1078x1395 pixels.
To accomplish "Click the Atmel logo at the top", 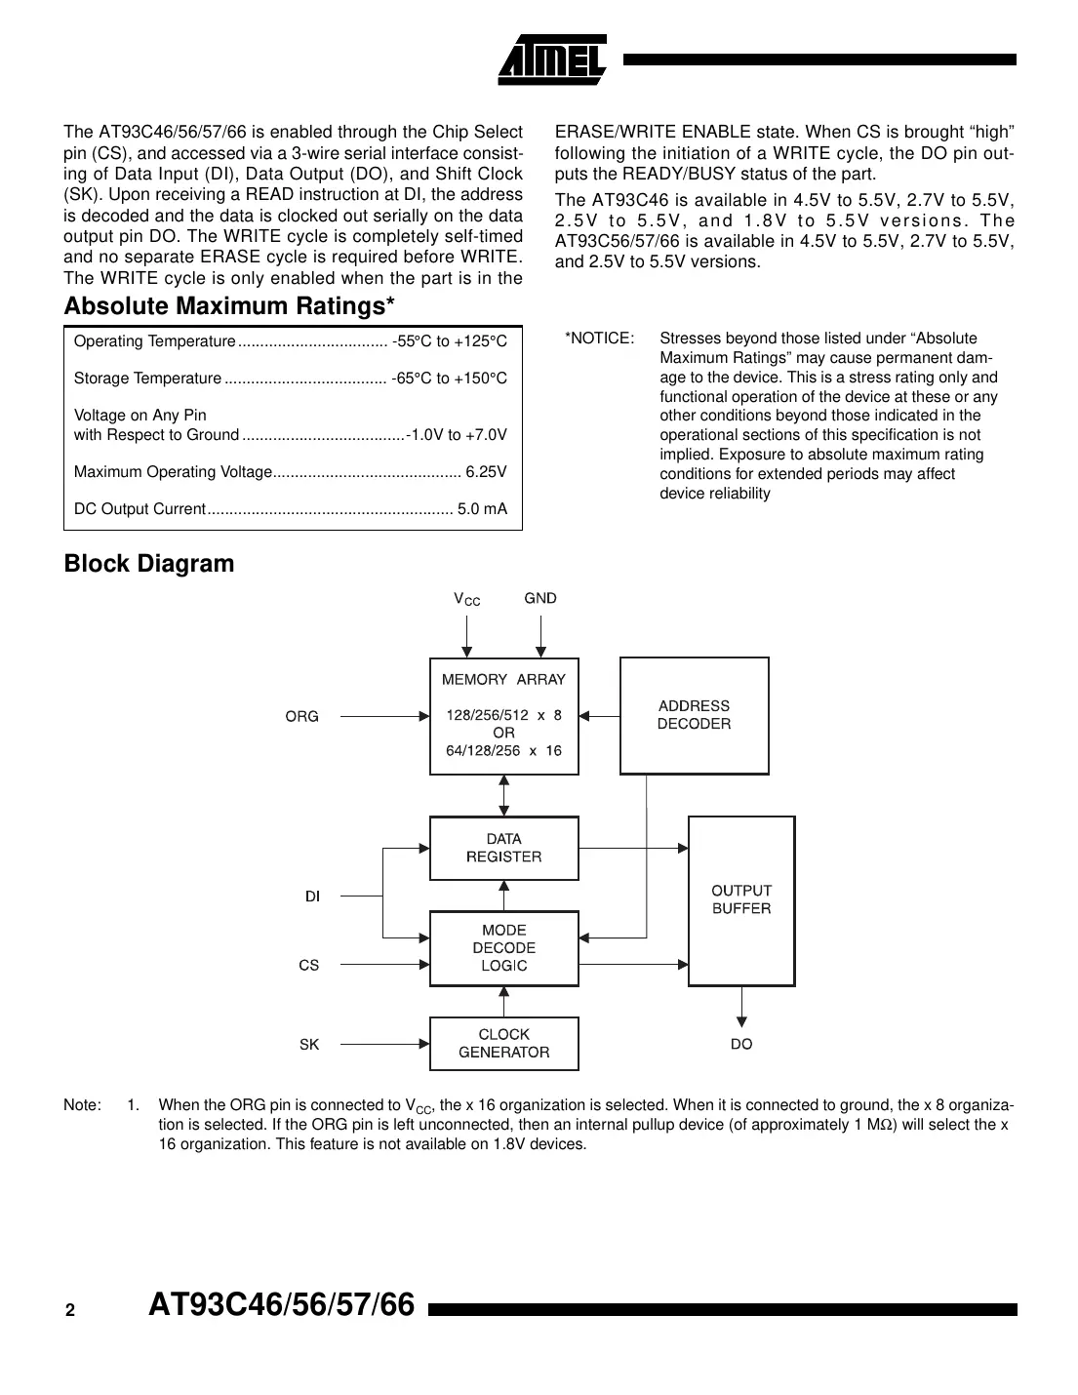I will [x=552, y=60].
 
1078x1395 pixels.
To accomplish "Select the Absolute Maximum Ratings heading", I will [x=229, y=306].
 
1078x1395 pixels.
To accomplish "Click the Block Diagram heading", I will [x=149, y=564].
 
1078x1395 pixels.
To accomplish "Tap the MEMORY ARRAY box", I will [x=503, y=716].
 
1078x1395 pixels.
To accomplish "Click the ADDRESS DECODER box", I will [x=694, y=715].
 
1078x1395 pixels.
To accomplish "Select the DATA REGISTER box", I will [x=503, y=848].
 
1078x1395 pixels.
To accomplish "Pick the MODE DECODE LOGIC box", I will [x=503, y=948].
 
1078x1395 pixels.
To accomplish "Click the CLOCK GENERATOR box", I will [x=503, y=1044].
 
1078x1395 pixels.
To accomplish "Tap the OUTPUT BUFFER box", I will [x=741, y=899].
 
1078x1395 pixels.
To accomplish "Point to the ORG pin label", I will [x=302, y=717].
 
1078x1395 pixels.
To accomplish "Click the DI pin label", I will [x=312, y=897].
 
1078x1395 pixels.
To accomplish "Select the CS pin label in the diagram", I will [x=309, y=965].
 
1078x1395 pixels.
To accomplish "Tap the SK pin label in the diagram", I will [x=309, y=1045].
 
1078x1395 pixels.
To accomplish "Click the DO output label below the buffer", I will [x=741, y=1044].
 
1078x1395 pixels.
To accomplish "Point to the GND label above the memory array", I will [x=540, y=598].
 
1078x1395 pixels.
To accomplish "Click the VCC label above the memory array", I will [x=467, y=599].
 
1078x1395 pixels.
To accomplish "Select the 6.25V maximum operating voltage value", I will [x=486, y=472].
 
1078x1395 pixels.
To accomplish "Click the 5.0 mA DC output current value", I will [x=483, y=509].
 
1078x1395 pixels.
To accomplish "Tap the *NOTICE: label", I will [x=600, y=339].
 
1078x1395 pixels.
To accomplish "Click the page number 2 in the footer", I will [x=70, y=1311].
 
